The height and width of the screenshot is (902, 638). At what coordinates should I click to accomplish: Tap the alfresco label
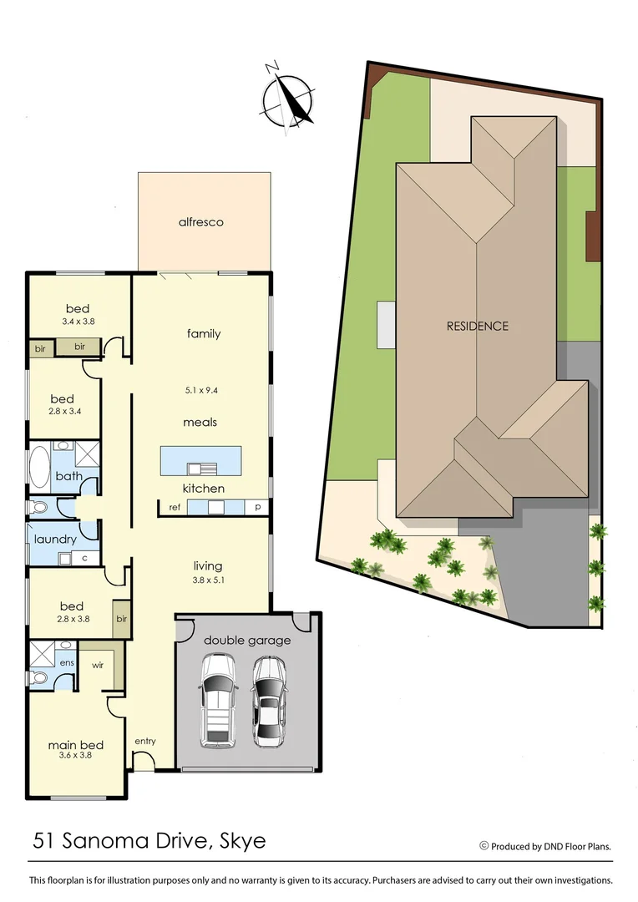coord(201,222)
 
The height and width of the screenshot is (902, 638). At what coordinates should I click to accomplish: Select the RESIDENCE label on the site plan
coord(477,326)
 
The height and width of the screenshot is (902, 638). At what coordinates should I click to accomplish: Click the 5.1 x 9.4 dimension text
coord(201,390)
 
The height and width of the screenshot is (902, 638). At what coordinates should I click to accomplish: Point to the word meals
coord(200,422)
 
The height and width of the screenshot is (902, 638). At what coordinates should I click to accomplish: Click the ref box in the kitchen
coord(175,507)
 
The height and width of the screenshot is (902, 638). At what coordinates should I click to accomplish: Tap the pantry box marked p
coord(257,507)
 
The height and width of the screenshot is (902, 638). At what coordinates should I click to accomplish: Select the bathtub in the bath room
coord(39,467)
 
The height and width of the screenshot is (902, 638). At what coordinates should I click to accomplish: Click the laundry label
coord(56,539)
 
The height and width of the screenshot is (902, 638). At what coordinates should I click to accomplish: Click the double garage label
coord(247,640)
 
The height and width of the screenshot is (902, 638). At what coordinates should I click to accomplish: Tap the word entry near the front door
coord(144,741)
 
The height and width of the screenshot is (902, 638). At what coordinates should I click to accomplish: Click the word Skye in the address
coord(242,840)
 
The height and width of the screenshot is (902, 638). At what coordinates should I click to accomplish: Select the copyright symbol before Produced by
coord(484,845)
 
